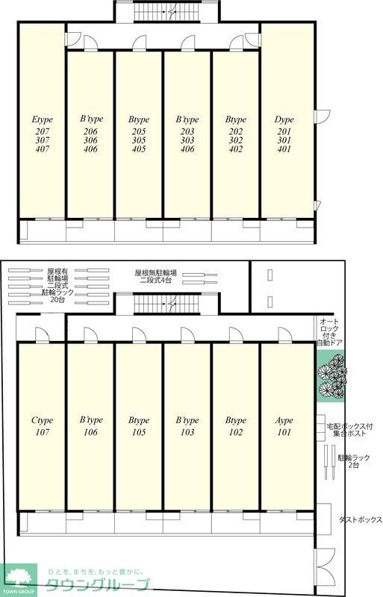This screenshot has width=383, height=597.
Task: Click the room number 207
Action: [x=43, y=131]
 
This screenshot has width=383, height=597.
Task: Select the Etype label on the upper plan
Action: [x=43, y=119]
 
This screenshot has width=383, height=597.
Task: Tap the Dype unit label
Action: [x=284, y=119]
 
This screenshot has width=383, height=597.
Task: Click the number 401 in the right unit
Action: [x=284, y=149]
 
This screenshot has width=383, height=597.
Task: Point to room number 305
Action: [x=139, y=140]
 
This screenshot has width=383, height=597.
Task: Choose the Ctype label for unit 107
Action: [x=43, y=420]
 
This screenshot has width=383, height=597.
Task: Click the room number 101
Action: [x=284, y=432]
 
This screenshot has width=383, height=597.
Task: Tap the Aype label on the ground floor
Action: [x=284, y=420]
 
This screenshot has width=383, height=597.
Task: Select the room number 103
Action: [x=187, y=432]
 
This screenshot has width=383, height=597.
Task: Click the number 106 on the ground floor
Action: [x=90, y=432]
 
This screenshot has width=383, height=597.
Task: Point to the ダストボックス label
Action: [x=361, y=519]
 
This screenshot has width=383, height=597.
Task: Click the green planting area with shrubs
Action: [x=331, y=375]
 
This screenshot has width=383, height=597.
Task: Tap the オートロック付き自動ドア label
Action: [x=330, y=332]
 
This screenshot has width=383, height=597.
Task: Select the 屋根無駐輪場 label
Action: [x=155, y=272]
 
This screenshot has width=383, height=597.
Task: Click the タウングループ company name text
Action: [x=98, y=584]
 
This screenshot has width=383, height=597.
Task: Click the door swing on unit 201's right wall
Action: [x=323, y=116]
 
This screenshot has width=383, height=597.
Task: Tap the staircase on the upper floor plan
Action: [x=166, y=12]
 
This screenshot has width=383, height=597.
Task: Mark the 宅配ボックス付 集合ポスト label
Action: [x=349, y=430]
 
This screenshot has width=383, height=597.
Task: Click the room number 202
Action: [x=235, y=131]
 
